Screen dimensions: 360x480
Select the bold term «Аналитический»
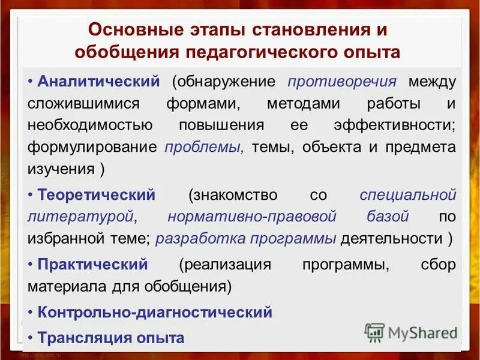coord(98,81)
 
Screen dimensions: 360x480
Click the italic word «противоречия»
coord(342,81)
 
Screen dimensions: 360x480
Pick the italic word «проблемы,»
coord(204,147)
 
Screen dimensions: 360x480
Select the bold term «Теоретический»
coord(97,195)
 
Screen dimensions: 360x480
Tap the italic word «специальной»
coord(407,195)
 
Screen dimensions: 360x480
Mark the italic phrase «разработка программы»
coord(245,238)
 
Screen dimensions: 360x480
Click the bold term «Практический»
coord(92,265)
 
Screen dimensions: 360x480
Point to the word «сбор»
coord(439,265)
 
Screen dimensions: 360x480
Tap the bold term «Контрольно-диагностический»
coord(155,313)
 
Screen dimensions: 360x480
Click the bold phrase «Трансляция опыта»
coord(110,337)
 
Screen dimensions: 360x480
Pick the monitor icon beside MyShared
coord(375,332)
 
